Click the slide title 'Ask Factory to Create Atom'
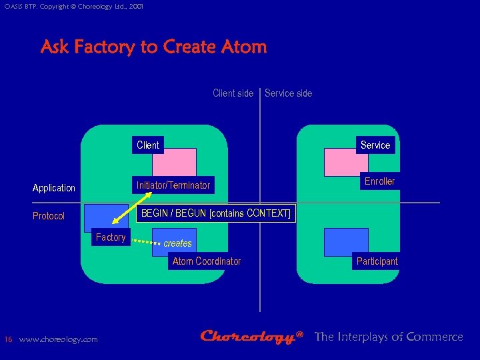(153, 47)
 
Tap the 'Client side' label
(233, 93)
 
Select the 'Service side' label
(288, 93)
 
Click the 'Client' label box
(148, 145)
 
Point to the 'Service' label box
(375, 145)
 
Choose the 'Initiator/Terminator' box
(173, 185)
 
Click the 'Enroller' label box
(379, 181)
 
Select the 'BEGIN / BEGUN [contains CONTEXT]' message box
(216, 213)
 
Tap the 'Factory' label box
(111, 237)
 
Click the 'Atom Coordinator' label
(207, 261)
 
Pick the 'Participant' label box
(377, 261)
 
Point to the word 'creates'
(178, 243)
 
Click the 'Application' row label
(54, 188)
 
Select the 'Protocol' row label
(49, 216)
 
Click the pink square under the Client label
(175, 162)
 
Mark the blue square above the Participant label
(345, 241)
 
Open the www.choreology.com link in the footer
(58, 339)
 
